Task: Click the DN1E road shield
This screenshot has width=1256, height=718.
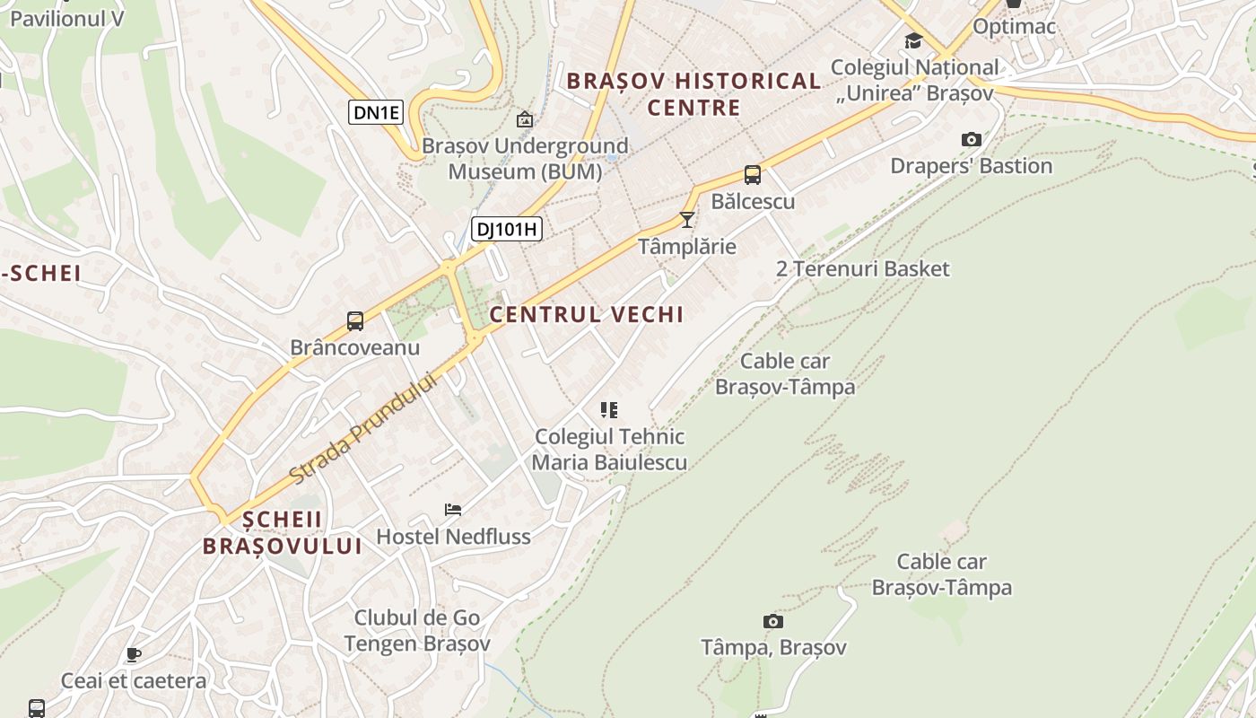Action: click(x=375, y=112)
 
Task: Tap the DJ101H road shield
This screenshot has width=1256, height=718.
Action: click(x=507, y=229)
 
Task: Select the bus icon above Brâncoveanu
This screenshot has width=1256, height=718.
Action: click(x=355, y=321)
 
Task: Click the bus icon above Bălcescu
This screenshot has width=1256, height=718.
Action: click(x=753, y=175)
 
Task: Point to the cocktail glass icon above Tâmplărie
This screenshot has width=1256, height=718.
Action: click(x=687, y=219)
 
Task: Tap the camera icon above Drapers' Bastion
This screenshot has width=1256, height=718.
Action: click(x=971, y=139)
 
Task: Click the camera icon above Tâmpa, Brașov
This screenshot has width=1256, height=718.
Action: click(x=772, y=621)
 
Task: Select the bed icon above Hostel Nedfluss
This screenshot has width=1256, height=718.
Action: click(x=453, y=510)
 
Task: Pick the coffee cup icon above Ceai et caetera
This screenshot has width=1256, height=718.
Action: click(x=134, y=654)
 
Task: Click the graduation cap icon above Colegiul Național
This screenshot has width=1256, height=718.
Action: click(x=913, y=40)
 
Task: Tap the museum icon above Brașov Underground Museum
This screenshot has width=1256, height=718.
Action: click(x=525, y=118)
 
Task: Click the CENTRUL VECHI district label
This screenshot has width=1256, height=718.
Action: click(x=587, y=314)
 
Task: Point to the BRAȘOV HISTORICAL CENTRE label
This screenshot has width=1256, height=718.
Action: click(x=693, y=94)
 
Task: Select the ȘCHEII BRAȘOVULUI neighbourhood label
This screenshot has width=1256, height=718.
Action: click(x=282, y=532)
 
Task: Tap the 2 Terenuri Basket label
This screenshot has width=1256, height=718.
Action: click(x=862, y=268)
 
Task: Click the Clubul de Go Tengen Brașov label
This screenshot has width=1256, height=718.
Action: click(x=417, y=630)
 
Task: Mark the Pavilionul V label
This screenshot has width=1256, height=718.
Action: click(x=66, y=18)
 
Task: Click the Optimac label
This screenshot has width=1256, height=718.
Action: click(x=1014, y=27)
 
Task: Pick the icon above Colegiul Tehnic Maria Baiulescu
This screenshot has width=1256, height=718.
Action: click(x=609, y=410)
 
